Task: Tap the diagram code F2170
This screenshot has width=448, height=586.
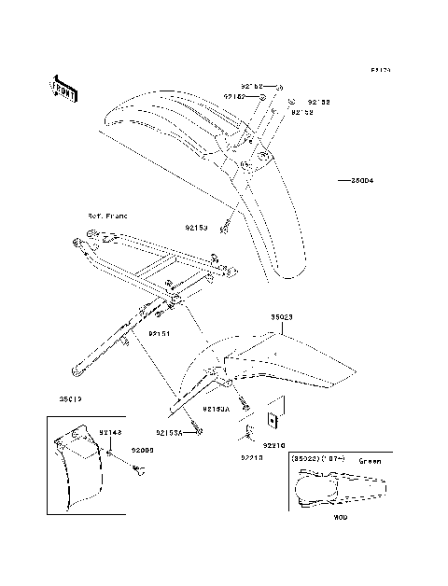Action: [380, 70]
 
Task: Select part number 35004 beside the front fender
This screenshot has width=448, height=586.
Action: [361, 180]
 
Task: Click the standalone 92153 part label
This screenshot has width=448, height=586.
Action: [195, 227]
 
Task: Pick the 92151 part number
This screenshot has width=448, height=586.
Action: [160, 330]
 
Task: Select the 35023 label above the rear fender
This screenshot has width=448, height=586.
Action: [282, 317]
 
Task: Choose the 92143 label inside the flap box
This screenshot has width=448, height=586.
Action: [111, 433]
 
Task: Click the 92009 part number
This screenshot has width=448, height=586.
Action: [142, 451]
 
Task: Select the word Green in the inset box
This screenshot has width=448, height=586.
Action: [370, 460]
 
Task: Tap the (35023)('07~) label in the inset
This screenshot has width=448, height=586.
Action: [317, 460]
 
